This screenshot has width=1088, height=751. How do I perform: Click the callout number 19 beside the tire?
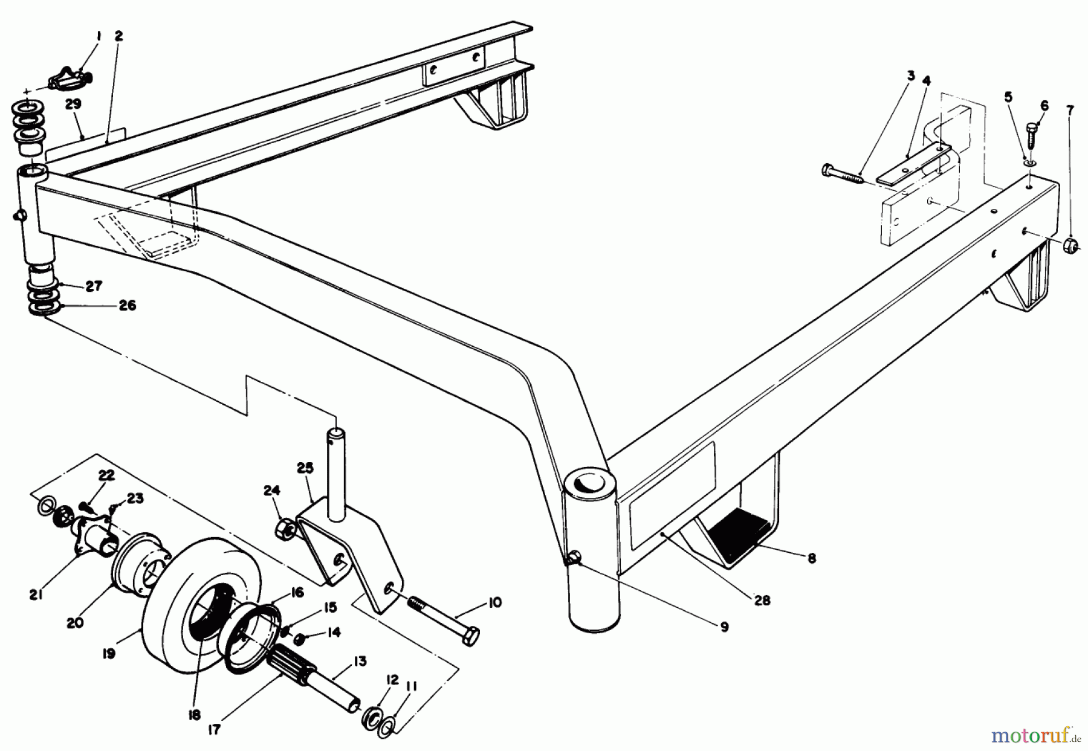coord(109,654)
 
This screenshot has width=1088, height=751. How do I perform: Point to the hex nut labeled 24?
coord(286,530)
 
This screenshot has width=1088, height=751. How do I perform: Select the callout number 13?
coord(360,661)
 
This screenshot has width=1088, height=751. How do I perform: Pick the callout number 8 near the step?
coord(812,559)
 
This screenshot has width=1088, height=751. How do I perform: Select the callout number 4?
coord(927,80)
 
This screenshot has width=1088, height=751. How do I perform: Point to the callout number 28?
coord(762,601)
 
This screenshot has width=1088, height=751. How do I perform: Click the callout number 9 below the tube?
coord(724,627)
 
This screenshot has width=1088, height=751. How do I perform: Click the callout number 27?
coord(94,286)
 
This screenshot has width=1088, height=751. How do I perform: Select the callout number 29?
coord(73,105)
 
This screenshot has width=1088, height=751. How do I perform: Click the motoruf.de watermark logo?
coord(1036,735)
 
